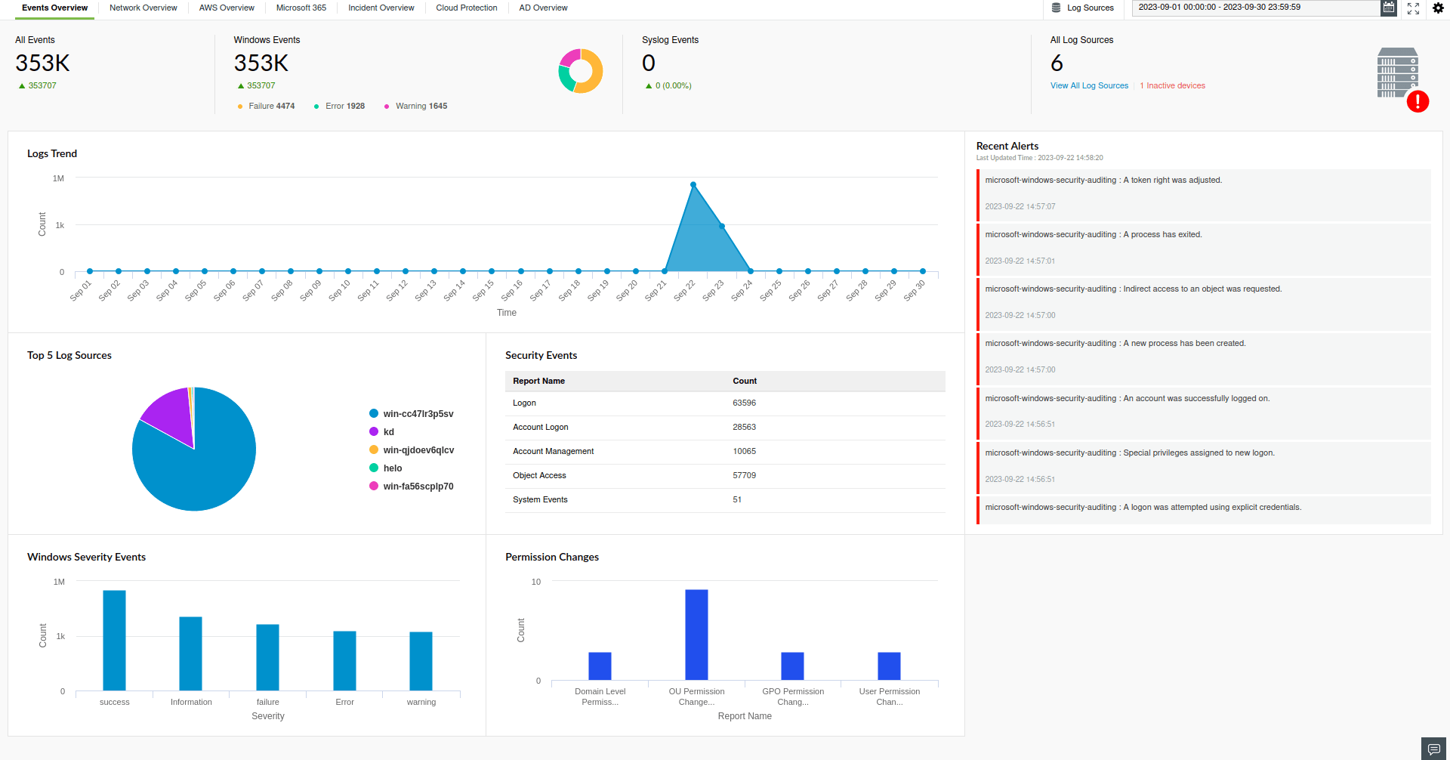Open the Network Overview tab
[143, 8]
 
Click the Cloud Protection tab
[466, 8]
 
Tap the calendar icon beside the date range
[1388, 8]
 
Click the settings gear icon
[1438, 8]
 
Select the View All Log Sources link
[1089, 86]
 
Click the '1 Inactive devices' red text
[1172, 86]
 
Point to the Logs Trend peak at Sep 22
[693, 184]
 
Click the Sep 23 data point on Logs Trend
[722, 226]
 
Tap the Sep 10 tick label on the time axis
[340, 291]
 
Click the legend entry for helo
[392, 468]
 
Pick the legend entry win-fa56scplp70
[418, 487]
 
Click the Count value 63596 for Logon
[744, 403]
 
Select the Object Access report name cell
[539, 476]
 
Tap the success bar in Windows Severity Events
[114, 640]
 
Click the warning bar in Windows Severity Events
[421, 661]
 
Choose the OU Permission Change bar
[696, 635]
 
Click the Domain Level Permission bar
[600, 666]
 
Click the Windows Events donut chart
[581, 71]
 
